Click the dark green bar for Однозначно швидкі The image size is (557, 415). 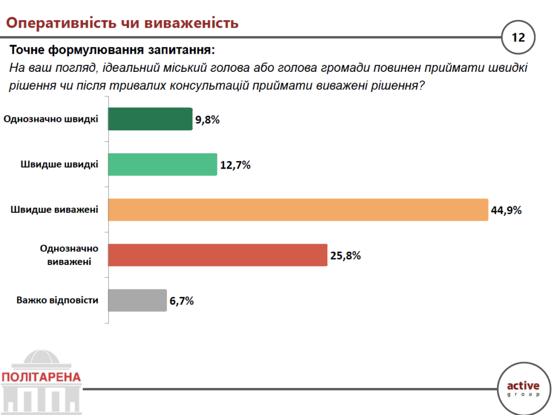pos(150,119)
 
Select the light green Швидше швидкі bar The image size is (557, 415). pos(162,165)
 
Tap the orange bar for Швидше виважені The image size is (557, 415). pos(298,210)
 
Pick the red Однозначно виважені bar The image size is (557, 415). pos(218,255)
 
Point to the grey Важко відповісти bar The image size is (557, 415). pos(137,300)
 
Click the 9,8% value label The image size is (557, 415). pos(208,120)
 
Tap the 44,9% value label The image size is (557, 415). pos(506,210)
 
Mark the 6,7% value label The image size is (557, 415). pos(182,301)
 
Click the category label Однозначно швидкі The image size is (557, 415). pos(51,119)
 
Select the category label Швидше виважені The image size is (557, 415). pos(54,210)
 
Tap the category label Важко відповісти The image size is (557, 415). pos(57,300)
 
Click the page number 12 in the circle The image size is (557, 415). pos(518,38)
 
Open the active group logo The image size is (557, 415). pos(523,387)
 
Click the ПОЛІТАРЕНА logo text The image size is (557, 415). pos(41,377)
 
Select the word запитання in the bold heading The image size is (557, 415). pos(178,51)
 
